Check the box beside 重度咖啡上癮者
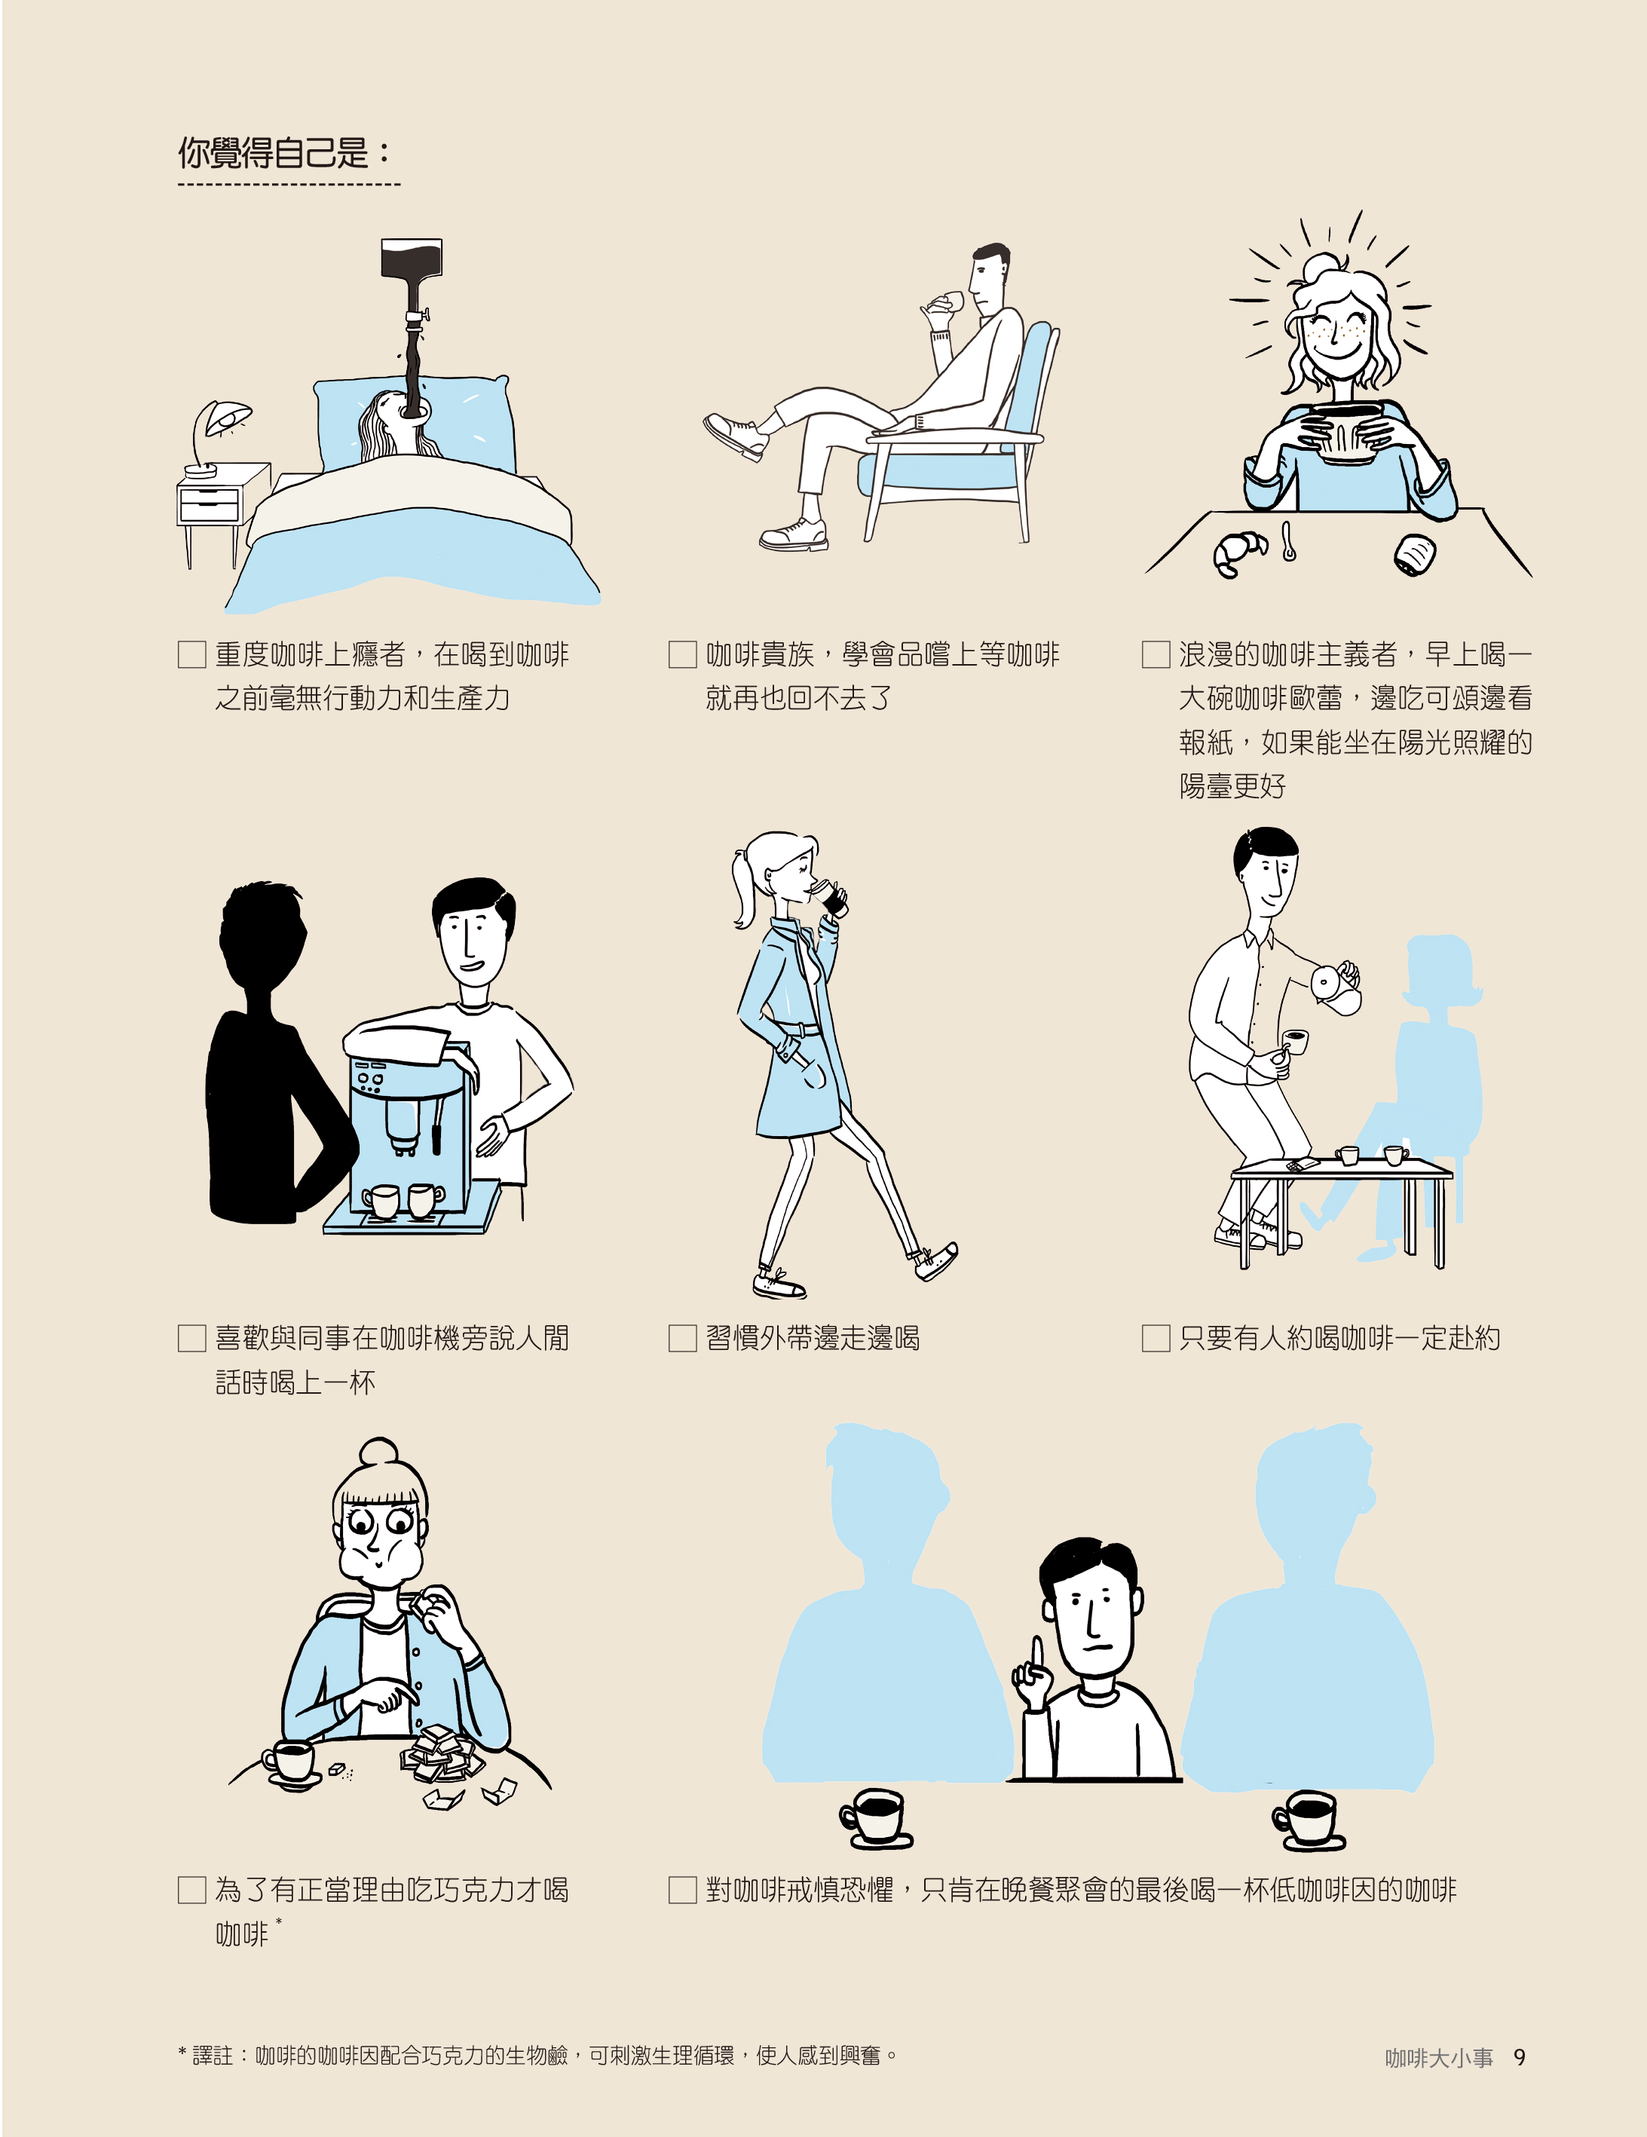[191, 654]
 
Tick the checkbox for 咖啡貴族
[682, 654]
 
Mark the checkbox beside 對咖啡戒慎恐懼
[682, 1890]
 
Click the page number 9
[1519, 2058]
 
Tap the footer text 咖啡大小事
[1438, 2058]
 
